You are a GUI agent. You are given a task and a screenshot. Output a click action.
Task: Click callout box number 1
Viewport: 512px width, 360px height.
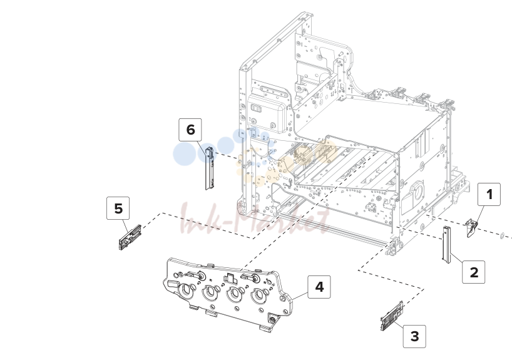[489, 194]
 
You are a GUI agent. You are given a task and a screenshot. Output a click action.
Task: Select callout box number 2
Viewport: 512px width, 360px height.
[473, 272]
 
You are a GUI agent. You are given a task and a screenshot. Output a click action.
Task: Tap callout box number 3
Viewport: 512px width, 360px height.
[414, 336]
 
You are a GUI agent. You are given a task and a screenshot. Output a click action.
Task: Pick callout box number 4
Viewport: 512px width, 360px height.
[319, 287]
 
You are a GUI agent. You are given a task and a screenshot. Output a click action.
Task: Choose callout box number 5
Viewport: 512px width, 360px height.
[118, 208]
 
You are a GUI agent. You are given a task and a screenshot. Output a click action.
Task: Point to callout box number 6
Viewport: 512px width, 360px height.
[190, 130]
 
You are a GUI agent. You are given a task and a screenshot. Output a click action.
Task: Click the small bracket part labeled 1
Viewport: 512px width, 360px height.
[471, 228]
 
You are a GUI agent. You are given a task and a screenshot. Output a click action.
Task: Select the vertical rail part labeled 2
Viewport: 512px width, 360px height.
[446, 245]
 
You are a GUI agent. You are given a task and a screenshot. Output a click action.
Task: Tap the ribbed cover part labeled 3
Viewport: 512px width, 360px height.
[392, 316]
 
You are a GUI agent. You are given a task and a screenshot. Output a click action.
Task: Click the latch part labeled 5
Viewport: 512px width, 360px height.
[130, 237]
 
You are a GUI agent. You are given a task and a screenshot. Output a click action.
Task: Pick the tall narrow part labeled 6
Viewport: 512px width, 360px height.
[209, 168]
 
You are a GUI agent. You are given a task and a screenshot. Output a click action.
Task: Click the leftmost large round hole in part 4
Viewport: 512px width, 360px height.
[187, 290]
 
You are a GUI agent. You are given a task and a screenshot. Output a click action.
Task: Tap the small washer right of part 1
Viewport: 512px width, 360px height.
[502, 235]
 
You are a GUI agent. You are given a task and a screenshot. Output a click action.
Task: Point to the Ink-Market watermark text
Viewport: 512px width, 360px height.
[255, 219]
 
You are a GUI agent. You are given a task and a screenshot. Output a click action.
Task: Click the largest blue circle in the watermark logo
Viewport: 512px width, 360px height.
[185, 153]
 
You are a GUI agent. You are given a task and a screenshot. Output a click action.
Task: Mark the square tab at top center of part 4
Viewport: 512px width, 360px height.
[230, 279]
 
